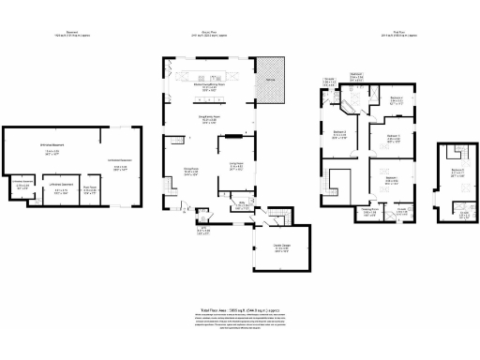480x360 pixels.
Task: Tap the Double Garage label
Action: pyautogui.click(x=281, y=247)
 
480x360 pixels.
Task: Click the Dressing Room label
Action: pyautogui.click(x=370, y=212)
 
